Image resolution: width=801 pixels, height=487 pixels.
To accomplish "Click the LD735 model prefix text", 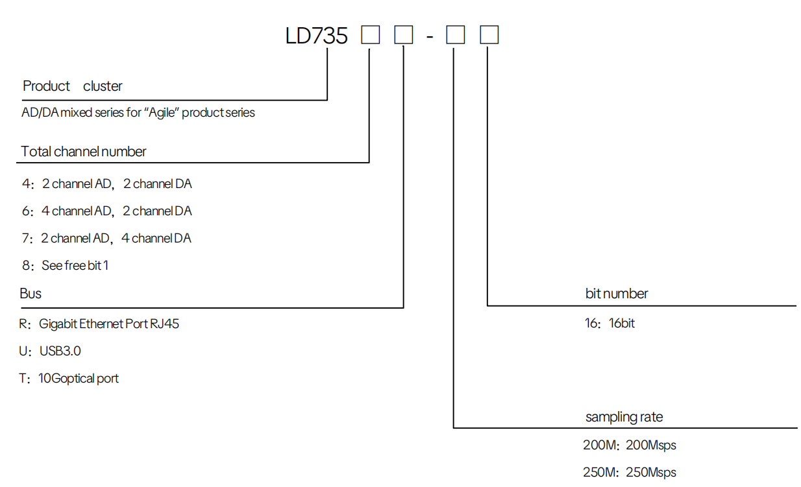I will pos(317,35).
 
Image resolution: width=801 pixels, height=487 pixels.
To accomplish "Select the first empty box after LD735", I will pos(371,35).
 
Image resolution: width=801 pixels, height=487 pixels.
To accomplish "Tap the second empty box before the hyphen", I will pos(404,35).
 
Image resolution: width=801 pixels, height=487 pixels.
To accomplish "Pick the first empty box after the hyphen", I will pos(456,35).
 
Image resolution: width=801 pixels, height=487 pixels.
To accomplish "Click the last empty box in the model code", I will pos(489,35).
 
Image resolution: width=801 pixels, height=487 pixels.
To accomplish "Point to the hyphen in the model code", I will pos(430,36).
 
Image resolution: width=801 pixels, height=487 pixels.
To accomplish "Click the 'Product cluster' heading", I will pos(72,86).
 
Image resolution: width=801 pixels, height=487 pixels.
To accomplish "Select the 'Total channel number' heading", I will pos(84,152).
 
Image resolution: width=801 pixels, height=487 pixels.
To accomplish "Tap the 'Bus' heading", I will pos(31,294).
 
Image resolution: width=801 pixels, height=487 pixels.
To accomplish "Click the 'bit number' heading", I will pos(617,294).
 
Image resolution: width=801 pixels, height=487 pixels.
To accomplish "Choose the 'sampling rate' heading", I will pos(624,417).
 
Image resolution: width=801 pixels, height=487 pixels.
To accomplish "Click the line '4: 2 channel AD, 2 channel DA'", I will pos(107,184).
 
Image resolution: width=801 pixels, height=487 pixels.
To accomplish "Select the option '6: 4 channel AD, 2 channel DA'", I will pos(107,211).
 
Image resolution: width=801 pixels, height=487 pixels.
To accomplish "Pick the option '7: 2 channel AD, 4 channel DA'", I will pos(106,239).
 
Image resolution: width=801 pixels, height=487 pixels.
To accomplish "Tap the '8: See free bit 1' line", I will pos(65,266).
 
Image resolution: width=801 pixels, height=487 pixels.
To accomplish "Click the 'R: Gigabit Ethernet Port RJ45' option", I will pos(99,324).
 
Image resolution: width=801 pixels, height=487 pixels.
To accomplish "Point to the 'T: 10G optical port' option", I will pos(69,378).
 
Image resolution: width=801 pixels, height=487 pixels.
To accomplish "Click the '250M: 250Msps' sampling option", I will pos(629,473).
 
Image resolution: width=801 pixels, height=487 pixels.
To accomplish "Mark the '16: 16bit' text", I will pos(610,323).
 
